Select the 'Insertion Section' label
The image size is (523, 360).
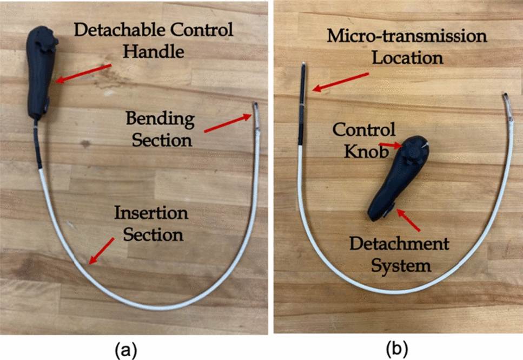(151, 224)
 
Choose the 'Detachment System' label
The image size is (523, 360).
(399, 254)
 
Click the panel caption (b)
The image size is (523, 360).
(394, 348)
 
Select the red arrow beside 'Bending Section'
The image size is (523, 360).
(227, 123)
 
